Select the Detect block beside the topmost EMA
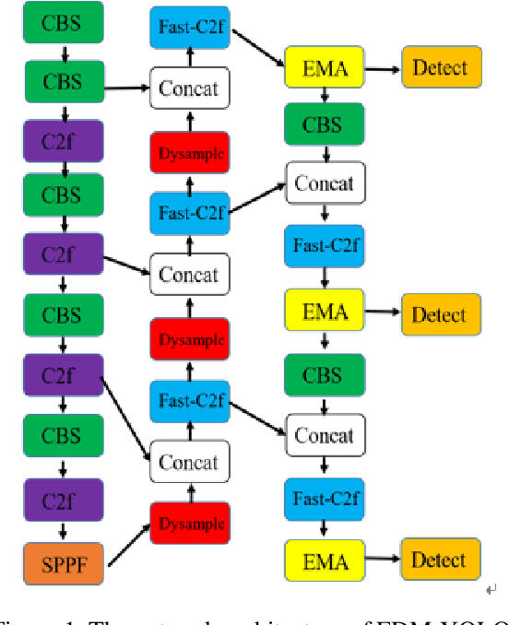pyautogui.click(x=440, y=67)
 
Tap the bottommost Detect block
pyautogui.click(x=440, y=560)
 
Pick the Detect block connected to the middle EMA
pyautogui.click(x=440, y=314)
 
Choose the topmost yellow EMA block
pyautogui.click(x=326, y=67)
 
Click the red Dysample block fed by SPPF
pyautogui.click(x=189, y=524)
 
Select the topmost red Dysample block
pyautogui.click(x=189, y=153)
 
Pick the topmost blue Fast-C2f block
pyautogui.click(x=189, y=27)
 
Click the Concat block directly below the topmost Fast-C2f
pyautogui.click(x=189, y=88)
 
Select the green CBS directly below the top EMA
pyautogui.click(x=326, y=124)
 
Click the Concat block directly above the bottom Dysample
pyautogui.click(x=189, y=462)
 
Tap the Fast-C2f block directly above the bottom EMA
pyautogui.click(x=326, y=499)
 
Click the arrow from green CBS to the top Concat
pyautogui.click(x=127, y=88)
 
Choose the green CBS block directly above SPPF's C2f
pyautogui.click(x=61, y=436)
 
